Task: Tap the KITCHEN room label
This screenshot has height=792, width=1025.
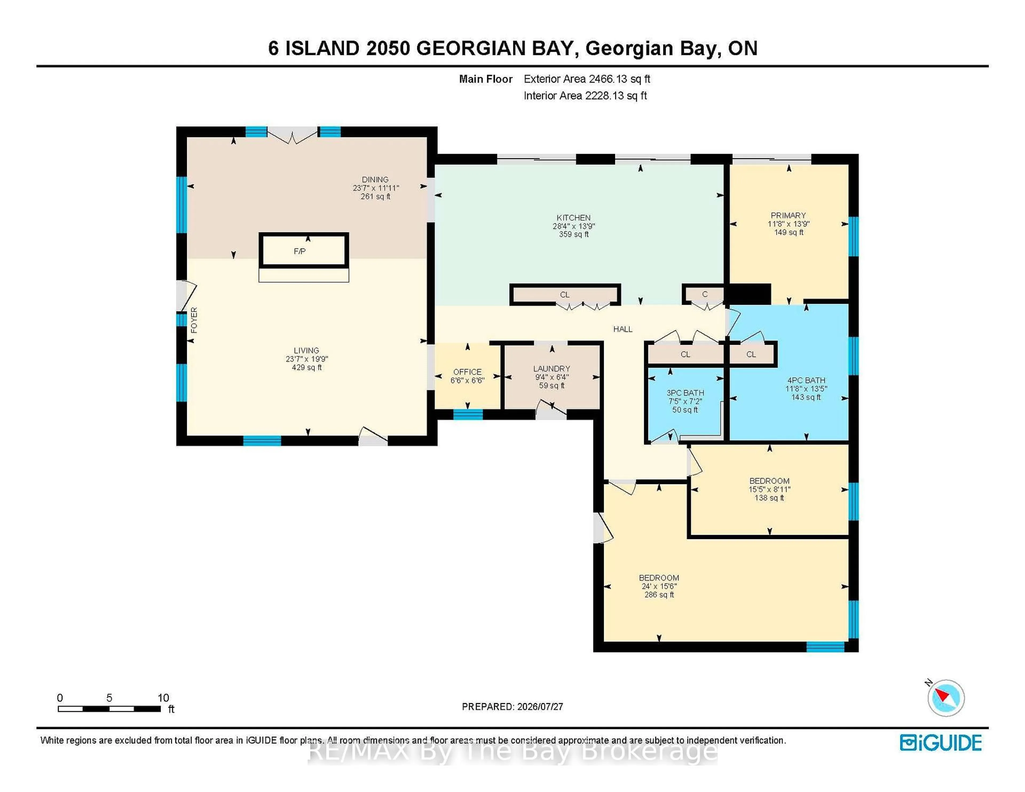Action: tap(574, 218)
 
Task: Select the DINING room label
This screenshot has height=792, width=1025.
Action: tap(375, 180)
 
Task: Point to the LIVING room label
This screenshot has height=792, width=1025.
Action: tap(306, 350)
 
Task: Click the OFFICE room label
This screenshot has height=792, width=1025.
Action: tap(467, 372)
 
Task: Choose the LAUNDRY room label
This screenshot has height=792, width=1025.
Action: tap(551, 369)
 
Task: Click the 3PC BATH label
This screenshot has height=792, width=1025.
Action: tap(685, 393)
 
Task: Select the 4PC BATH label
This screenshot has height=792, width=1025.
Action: tap(806, 381)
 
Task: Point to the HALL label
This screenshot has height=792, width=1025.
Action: tap(623, 329)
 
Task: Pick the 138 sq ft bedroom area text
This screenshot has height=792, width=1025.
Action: tap(769, 498)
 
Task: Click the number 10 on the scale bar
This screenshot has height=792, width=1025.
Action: tap(163, 698)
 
